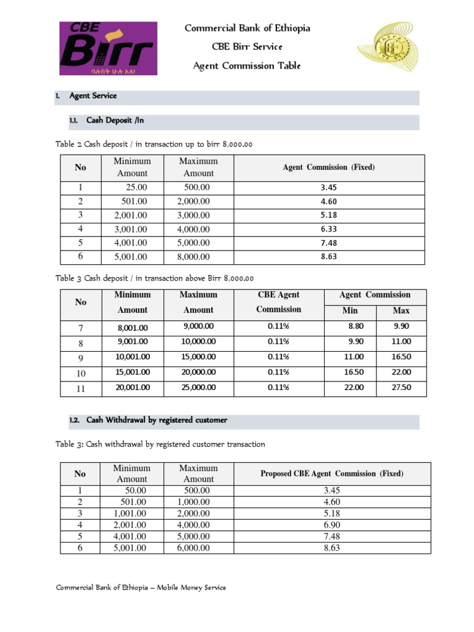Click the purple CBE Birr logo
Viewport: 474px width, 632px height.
click(x=108, y=48)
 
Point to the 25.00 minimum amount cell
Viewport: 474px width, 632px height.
click(x=136, y=188)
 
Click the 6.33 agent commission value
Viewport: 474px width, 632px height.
click(x=329, y=229)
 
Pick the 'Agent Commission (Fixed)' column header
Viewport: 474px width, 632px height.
click(x=329, y=167)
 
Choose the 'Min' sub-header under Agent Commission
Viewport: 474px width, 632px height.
click(x=350, y=310)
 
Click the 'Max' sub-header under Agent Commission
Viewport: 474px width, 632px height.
click(x=401, y=310)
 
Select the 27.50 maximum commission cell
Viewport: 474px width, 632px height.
click(x=401, y=388)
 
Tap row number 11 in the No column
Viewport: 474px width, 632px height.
click(x=80, y=389)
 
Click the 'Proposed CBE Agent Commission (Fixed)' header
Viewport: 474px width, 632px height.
click(x=332, y=473)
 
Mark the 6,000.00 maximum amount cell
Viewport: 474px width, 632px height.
click(x=193, y=547)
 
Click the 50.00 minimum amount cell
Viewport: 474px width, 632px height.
click(x=136, y=491)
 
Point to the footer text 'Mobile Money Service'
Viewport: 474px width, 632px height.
click(x=191, y=587)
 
